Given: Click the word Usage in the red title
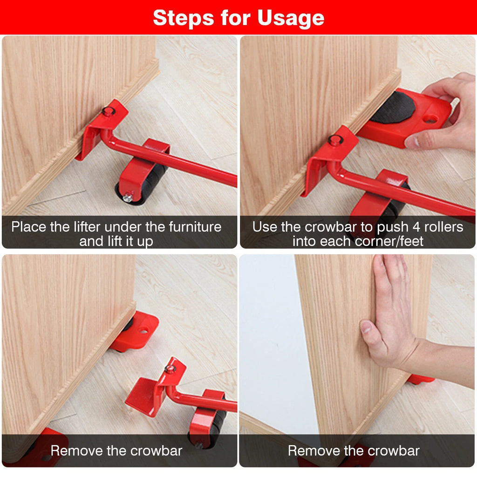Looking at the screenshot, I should (291, 18).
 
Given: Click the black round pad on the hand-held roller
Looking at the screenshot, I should (393, 107).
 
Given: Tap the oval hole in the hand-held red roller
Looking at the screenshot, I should (429, 119).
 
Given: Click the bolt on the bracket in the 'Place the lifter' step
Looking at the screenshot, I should (109, 111).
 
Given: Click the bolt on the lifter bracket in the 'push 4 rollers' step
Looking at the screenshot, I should (334, 139).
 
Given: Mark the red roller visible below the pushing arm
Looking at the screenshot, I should (421, 380).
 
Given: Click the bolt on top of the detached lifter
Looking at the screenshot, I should (170, 368).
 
